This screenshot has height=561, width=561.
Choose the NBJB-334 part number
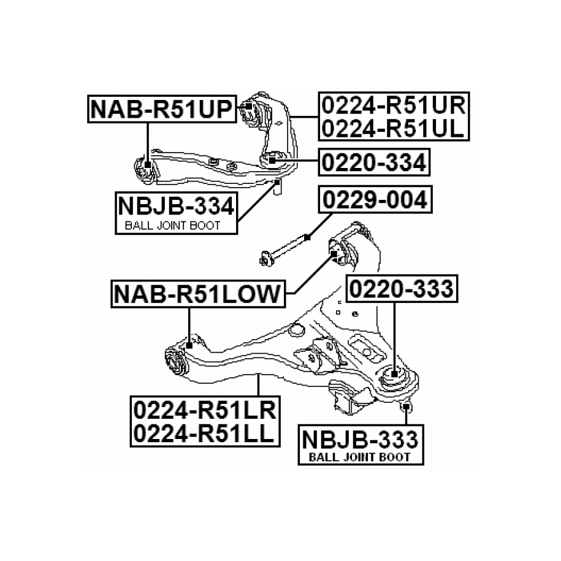[175, 205]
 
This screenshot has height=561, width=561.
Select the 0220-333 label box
[402, 289]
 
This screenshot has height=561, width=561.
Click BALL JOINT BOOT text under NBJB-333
[359, 457]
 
